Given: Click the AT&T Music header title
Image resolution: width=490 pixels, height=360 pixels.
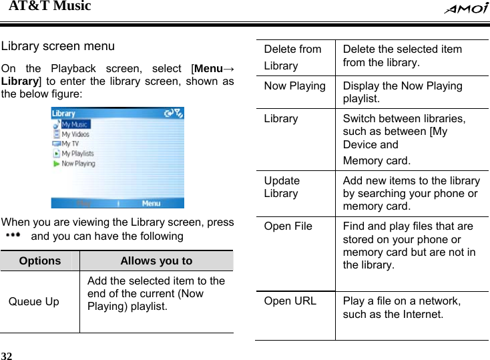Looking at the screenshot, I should point(49,7).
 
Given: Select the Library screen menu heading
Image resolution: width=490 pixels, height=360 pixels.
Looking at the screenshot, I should point(58,47).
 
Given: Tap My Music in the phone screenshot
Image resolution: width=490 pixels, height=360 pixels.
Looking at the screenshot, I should point(75,124).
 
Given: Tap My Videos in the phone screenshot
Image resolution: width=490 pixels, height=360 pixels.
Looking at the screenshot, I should point(75,134).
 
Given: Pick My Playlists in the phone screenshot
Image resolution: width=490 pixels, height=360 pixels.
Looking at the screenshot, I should point(77,154).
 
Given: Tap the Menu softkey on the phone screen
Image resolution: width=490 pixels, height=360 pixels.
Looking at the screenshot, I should point(152,203).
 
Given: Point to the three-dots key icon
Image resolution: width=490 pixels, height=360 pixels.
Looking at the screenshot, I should point(13,236).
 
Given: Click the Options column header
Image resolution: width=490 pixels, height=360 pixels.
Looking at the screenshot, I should point(39,261).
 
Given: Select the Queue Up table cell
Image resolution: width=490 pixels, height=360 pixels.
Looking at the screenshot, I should point(33,302).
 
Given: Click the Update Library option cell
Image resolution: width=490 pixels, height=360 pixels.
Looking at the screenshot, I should point(282,187).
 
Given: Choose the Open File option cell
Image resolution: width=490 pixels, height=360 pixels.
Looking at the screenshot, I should point(288,226).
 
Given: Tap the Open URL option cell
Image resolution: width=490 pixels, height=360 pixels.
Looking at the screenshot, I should point(290,301).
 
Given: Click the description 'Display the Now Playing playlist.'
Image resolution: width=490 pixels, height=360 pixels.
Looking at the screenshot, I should point(402,92).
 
